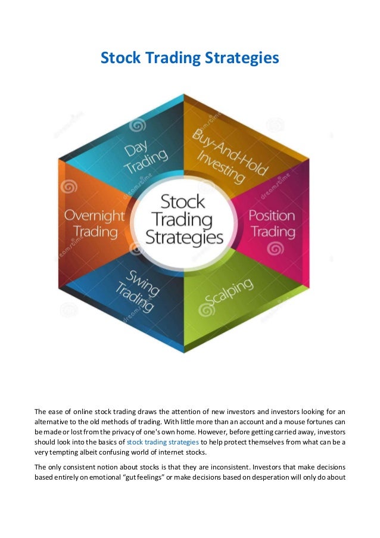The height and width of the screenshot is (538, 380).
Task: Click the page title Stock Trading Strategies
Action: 189,58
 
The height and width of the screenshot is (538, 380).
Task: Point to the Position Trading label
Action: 272,223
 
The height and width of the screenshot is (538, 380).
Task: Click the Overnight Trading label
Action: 94,223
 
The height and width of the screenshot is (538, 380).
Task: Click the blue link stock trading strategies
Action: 163,443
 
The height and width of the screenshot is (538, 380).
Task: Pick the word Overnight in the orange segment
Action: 94,215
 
